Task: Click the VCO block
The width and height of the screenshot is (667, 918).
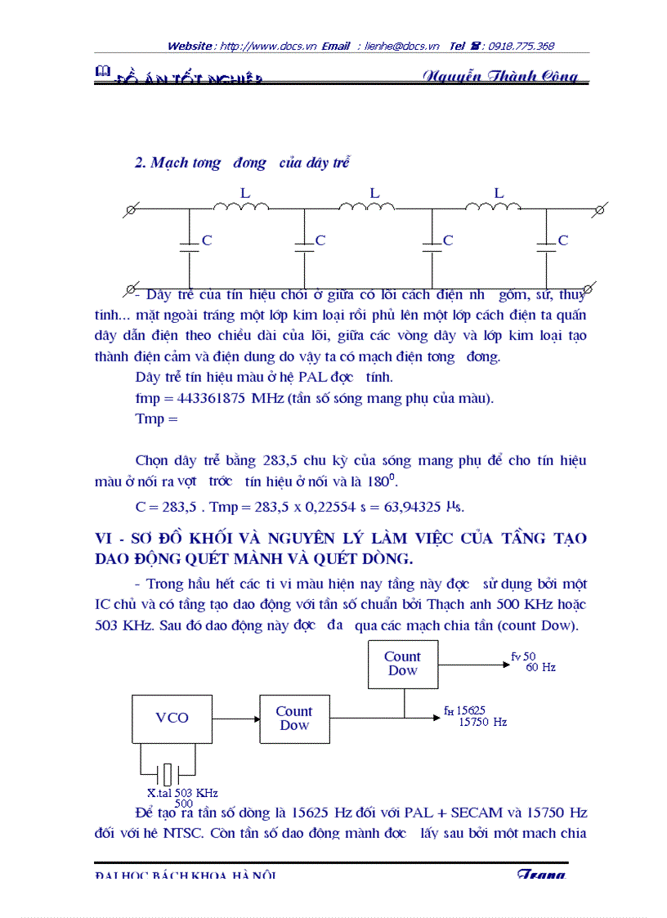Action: coord(171,719)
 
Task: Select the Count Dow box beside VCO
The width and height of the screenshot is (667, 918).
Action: coord(294,719)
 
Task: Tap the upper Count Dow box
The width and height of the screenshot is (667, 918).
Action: coord(402,663)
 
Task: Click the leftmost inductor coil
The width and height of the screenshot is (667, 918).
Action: coord(241,207)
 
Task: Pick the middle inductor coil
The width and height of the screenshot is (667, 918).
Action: coord(367,207)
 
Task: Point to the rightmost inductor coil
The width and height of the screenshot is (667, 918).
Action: coord(493,207)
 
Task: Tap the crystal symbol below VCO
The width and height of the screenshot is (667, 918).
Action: coord(167,772)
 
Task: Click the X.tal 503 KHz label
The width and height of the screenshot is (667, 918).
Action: coord(182,793)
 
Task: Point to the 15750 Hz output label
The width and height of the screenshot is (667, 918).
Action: coord(482,722)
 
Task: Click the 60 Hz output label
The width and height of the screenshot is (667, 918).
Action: coord(540,667)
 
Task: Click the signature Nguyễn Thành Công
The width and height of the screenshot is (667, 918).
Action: coord(500,76)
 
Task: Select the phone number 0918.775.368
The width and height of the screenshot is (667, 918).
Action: coord(522,47)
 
